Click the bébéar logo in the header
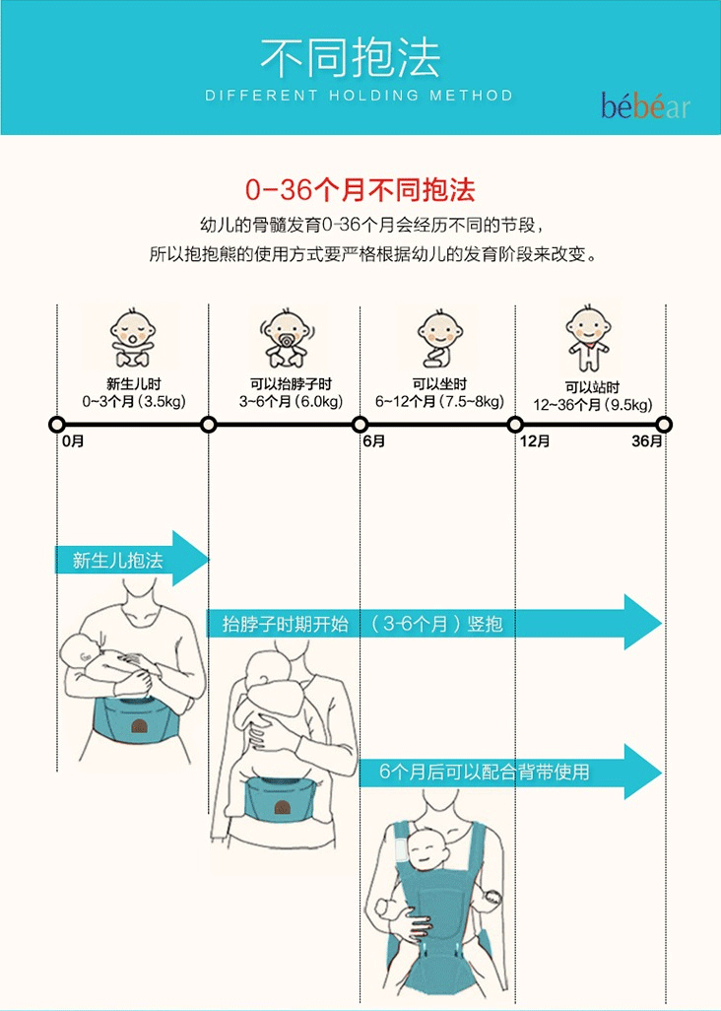(x=645, y=105)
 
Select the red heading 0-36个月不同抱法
(x=360, y=188)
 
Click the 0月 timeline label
(x=72, y=442)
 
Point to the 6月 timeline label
(x=373, y=442)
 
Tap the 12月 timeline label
(x=534, y=442)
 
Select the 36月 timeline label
(x=647, y=442)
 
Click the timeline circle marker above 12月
(x=515, y=425)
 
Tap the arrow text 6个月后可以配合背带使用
(x=485, y=772)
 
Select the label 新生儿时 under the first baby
(x=133, y=384)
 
